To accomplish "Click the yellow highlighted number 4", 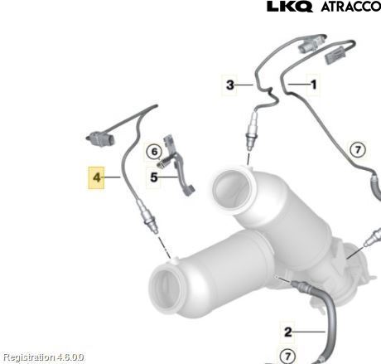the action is [x=96, y=177].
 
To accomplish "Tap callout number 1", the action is [x=314, y=85].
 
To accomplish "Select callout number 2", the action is [x=288, y=332].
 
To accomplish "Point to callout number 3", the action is [x=230, y=85].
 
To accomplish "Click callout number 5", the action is [x=154, y=177].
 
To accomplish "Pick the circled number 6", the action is [x=154, y=152].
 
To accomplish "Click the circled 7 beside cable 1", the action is [x=358, y=150].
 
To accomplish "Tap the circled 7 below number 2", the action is [x=287, y=356].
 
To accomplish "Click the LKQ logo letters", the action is [x=290, y=7].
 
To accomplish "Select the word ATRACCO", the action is [x=350, y=7].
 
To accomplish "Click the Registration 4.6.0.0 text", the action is [x=43, y=357].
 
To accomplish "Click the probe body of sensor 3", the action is [x=251, y=130].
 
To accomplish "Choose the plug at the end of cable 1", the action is [x=335, y=56].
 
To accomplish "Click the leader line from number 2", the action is [x=309, y=332].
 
